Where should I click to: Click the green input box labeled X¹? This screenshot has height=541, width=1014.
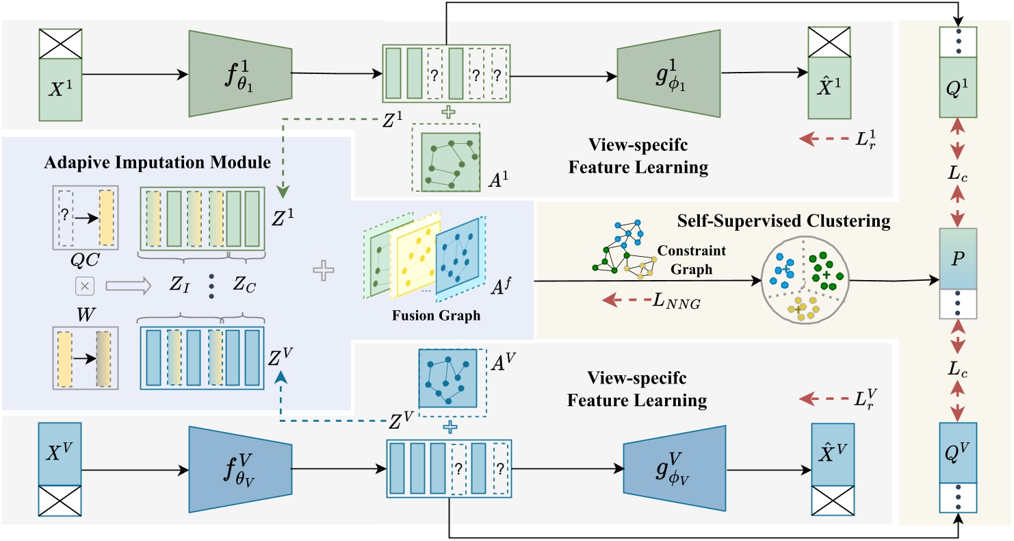click(62, 89)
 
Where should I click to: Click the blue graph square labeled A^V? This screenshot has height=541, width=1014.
click(448, 379)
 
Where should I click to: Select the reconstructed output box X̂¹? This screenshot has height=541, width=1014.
click(829, 89)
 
